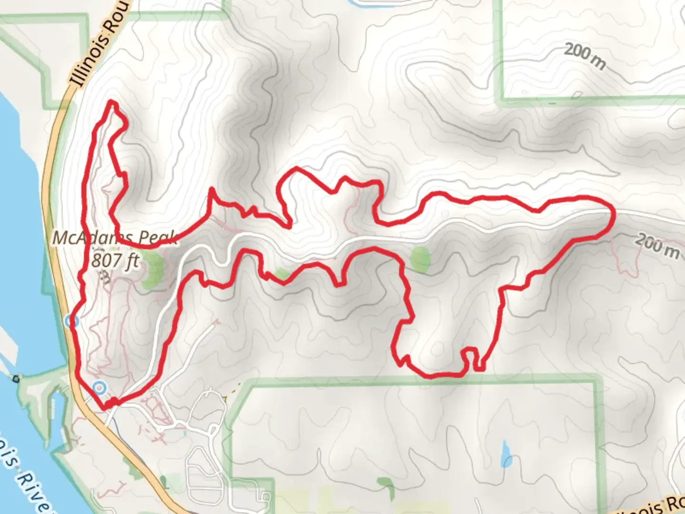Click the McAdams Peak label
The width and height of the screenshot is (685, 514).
tap(114, 237)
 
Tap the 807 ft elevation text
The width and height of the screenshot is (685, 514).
tap(116, 260)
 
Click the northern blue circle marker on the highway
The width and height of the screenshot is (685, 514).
tap(72, 321)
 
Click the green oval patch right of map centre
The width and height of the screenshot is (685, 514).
tap(421, 259)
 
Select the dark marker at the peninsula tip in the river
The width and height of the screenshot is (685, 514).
tap(16, 379)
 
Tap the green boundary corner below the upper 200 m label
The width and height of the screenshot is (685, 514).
tap(499, 100)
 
